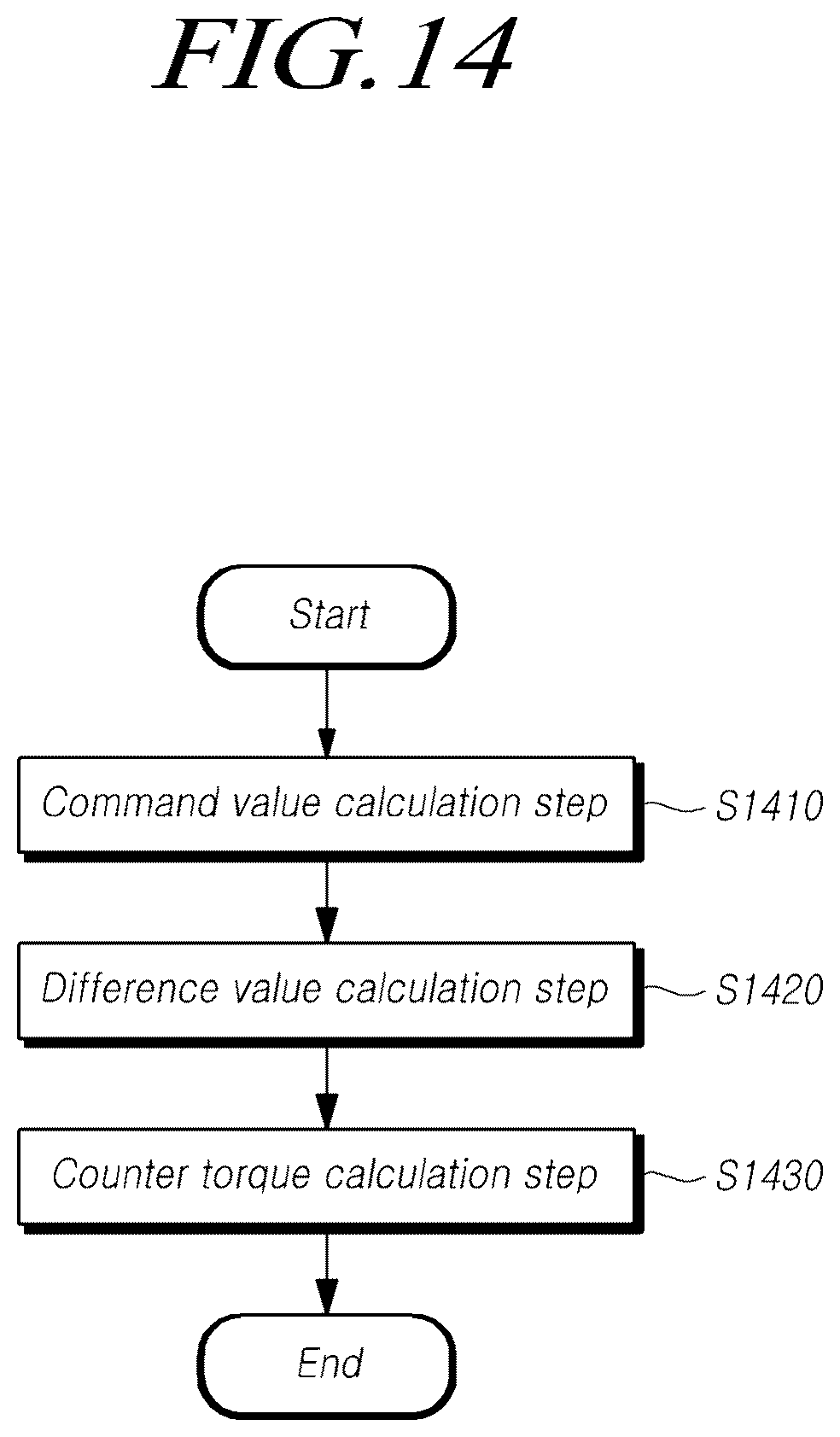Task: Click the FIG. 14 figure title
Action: (335, 54)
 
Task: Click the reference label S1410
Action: (769, 806)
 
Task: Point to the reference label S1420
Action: (769, 990)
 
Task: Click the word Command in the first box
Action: (130, 803)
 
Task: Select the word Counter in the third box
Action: (120, 1174)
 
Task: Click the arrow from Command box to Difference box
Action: (327, 902)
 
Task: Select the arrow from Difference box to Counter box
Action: (327, 1088)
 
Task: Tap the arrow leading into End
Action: (327, 1274)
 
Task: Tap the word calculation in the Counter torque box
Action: (417, 1175)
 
